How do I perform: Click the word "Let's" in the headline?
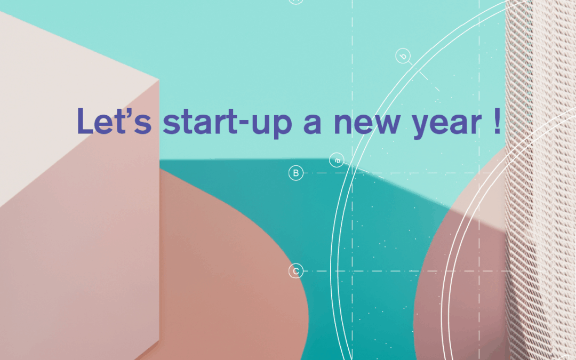[x=114, y=121]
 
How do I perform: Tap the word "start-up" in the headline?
[x=227, y=123]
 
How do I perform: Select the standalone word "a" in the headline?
[x=313, y=124]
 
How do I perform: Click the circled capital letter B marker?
[x=296, y=173]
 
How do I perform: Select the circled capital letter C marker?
[x=296, y=271]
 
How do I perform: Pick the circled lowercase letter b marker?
[x=403, y=56]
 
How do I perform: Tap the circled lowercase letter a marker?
[x=337, y=160]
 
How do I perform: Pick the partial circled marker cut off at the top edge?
[x=296, y=2]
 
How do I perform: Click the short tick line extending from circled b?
[x=424, y=76]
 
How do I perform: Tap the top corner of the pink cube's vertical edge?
[x=159, y=79]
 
